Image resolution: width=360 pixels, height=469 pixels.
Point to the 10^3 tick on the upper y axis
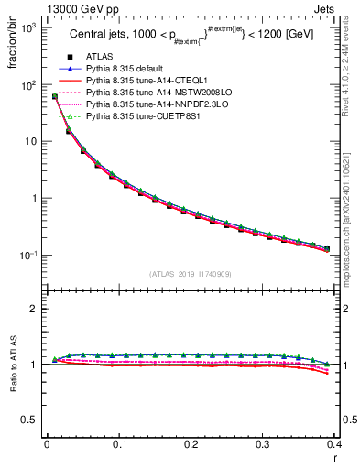click(29, 28)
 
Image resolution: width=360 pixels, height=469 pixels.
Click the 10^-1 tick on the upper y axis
click(29, 256)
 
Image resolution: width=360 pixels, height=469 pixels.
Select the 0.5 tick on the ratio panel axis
click(32, 420)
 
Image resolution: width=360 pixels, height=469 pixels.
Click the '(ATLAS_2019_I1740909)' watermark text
click(191, 274)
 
